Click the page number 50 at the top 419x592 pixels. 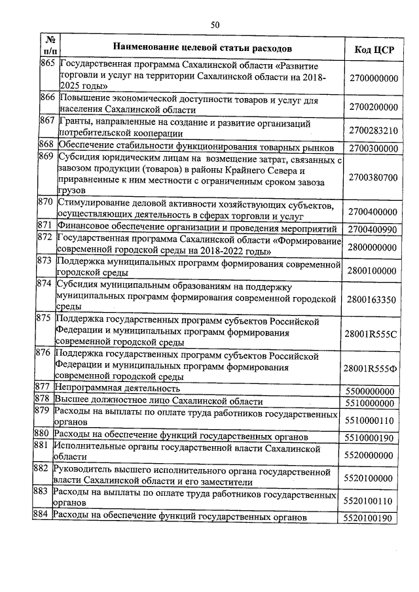[215, 25]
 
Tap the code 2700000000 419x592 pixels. [373, 77]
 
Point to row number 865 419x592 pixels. [46, 67]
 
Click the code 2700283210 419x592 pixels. [373, 130]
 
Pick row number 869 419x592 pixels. [46, 156]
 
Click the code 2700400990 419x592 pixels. [373, 230]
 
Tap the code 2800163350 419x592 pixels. [373, 300]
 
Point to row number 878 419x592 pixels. [43, 398]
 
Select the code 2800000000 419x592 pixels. [373, 247]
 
